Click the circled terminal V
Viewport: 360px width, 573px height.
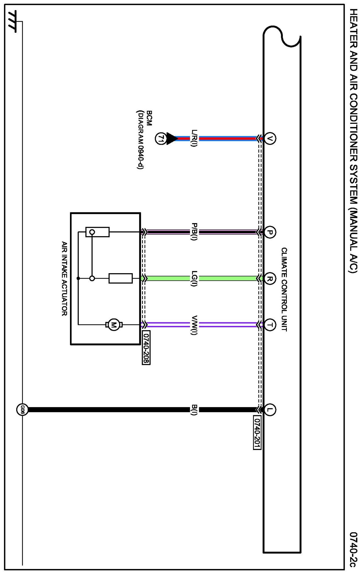[x=269, y=138]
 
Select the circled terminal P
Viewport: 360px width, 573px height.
[x=269, y=232]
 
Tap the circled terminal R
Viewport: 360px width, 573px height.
[x=269, y=278]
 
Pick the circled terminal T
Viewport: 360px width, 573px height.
[x=269, y=325]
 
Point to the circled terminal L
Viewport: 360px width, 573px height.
[x=269, y=409]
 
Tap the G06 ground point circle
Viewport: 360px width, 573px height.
[x=22, y=409]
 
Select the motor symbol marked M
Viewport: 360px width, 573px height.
[x=114, y=325]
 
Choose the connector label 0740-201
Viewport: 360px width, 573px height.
[x=257, y=433]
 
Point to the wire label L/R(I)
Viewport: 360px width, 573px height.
[x=194, y=138]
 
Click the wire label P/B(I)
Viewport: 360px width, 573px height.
[x=194, y=232]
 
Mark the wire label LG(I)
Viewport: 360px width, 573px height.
[x=194, y=278]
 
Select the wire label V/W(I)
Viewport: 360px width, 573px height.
[x=194, y=325]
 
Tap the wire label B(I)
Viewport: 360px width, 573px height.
[x=194, y=409]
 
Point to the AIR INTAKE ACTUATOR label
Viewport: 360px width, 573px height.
[x=64, y=278]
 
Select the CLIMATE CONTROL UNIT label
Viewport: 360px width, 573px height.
[x=284, y=289]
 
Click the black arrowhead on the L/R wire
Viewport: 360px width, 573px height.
[x=172, y=139]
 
